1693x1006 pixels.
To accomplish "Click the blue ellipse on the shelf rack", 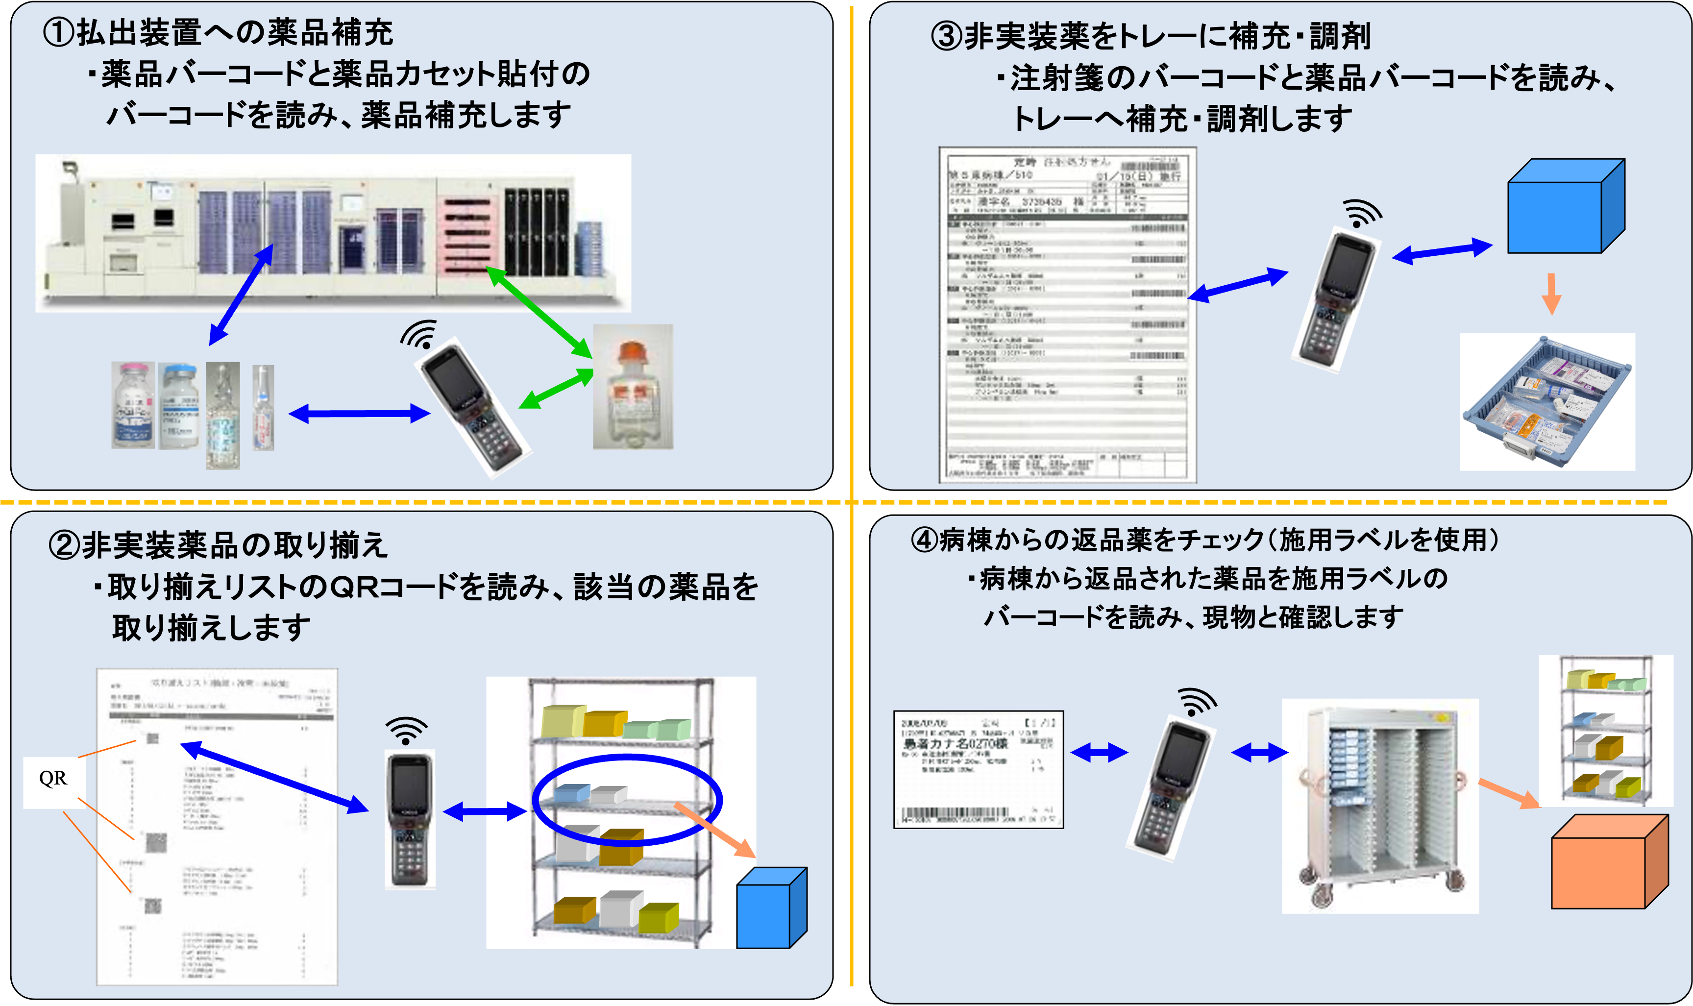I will pos(627,800).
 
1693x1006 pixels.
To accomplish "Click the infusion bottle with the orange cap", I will pos(632,387).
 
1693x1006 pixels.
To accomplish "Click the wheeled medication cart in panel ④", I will pos(1380,807).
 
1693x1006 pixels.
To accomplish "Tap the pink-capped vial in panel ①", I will pos(133,405).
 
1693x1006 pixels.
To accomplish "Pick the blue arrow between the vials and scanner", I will pos(359,413).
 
